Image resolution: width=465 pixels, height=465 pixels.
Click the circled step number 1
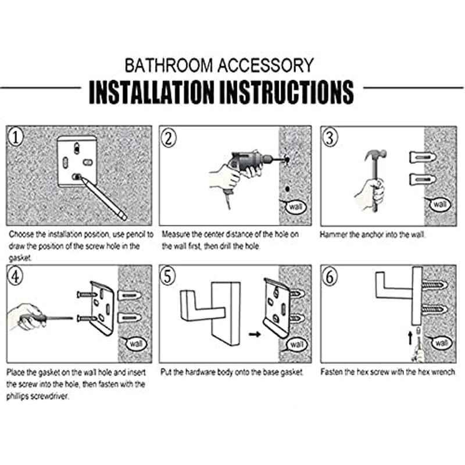[16, 137]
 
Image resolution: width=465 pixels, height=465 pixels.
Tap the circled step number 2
[169, 138]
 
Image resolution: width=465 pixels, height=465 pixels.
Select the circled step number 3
[330, 138]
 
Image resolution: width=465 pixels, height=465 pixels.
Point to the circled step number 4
[15, 276]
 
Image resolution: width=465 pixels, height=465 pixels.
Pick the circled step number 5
[168, 276]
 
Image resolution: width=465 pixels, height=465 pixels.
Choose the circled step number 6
[330, 277]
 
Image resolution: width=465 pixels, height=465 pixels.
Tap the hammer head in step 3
[375, 155]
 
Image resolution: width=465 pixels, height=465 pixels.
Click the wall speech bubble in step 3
[439, 204]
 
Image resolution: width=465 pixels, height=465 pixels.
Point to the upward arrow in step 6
[410, 338]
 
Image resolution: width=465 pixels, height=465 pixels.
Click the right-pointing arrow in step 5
[255, 334]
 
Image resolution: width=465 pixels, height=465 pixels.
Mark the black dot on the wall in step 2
[287, 188]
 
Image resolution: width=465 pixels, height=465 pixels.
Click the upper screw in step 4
[87, 295]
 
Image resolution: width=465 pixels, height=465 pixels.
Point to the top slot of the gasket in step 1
[77, 148]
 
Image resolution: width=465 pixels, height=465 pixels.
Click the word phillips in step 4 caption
[17, 396]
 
